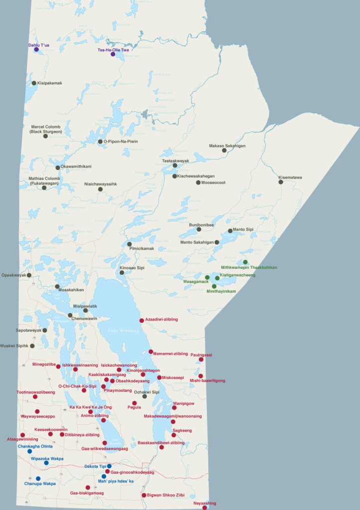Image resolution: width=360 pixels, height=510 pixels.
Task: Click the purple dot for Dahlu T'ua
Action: (x=36, y=50)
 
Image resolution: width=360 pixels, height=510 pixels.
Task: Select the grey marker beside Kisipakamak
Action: (x=34, y=83)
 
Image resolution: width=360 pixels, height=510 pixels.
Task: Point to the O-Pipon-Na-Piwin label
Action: (x=121, y=142)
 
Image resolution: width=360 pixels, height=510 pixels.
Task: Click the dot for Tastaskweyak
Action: (x=175, y=166)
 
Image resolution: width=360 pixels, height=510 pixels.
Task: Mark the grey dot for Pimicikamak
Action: (x=129, y=244)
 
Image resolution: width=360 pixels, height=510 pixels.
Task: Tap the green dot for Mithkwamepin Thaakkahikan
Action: (x=245, y=262)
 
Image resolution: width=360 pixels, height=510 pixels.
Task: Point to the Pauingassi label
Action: (x=201, y=355)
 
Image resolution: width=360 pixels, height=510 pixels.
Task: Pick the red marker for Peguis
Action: (x=134, y=403)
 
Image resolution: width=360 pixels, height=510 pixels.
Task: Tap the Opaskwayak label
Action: (x=13, y=275)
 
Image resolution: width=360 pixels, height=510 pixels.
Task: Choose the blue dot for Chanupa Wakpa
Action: (x=38, y=479)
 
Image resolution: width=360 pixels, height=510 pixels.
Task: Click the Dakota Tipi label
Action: (x=95, y=466)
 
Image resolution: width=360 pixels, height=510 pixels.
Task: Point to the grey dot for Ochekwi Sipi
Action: (x=145, y=396)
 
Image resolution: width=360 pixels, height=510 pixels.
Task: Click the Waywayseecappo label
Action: (x=37, y=416)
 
